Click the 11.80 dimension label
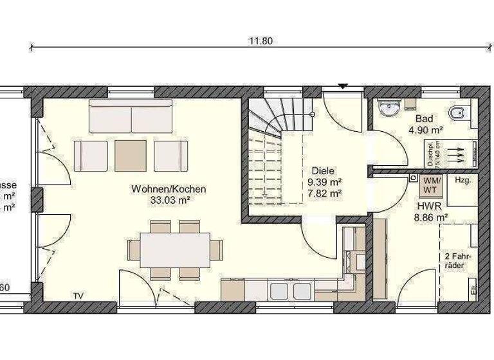click(261, 41)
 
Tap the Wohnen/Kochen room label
click(169, 189)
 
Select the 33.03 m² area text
click(169, 199)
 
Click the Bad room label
click(424, 119)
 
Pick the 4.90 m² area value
click(424, 129)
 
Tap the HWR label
click(428, 206)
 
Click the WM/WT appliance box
click(429, 186)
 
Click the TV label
click(78, 296)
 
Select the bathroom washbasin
click(387, 109)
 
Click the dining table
click(175, 249)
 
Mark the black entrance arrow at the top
click(343, 85)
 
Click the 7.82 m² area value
click(325, 192)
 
